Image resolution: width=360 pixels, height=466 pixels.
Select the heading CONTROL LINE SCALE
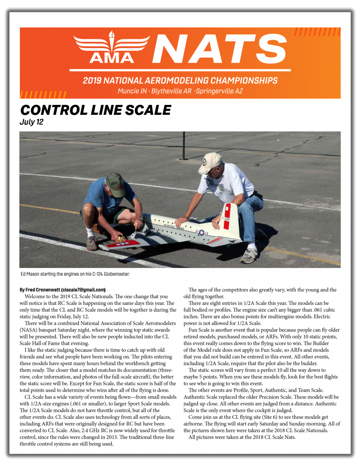95,110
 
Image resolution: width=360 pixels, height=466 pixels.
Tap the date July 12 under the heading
31,122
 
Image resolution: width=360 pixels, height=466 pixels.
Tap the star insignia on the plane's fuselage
202,233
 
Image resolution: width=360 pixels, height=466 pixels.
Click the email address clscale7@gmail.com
83,290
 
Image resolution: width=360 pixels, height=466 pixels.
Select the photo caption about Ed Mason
75,274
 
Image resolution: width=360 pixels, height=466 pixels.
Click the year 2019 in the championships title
93,81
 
